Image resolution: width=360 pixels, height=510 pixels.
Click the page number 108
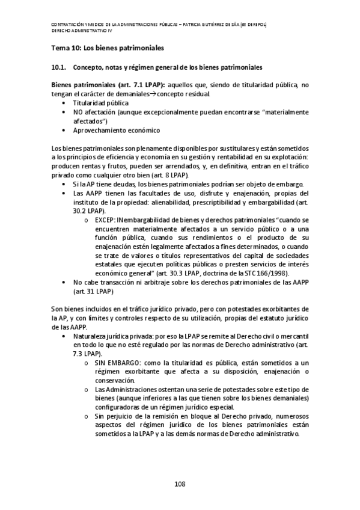tap(180, 484)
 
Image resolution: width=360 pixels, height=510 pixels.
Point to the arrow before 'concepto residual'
tap(153, 94)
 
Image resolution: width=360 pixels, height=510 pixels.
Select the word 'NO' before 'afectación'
tap(78, 112)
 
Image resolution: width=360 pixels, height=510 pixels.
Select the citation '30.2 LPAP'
tap(88, 211)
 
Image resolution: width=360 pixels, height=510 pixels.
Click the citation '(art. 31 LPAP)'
tap(93, 291)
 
